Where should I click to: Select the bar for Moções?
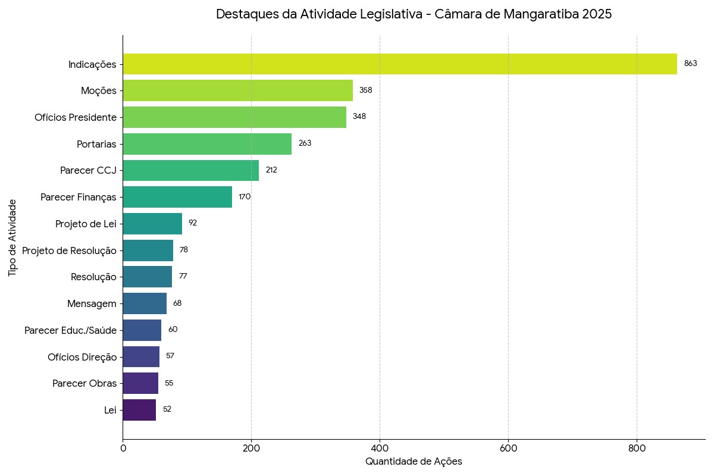pyautogui.click(x=238, y=90)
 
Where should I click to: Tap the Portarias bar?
pyautogui.click(x=207, y=143)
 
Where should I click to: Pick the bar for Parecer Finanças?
pyautogui.click(x=177, y=197)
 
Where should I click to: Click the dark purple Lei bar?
pyautogui.click(x=139, y=410)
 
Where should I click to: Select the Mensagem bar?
pyautogui.click(x=145, y=303)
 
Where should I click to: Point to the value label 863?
pyautogui.click(x=690, y=64)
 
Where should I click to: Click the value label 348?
pyautogui.click(x=359, y=117)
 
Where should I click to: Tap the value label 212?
pyautogui.click(x=271, y=170)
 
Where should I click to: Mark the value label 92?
pyautogui.click(x=193, y=223)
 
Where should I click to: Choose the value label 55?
pyautogui.click(x=169, y=383)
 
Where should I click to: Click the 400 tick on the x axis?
pyautogui.click(x=380, y=447)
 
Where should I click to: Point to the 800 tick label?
pyautogui.click(x=637, y=447)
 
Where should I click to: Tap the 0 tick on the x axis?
pyautogui.click(x=123, y=447)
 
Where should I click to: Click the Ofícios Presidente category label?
pyautogui.click(x=76, y=117)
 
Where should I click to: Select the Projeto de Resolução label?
pyautogui.click(x=69, y=250)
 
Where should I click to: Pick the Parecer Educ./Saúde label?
pyautogui.click(x=70, y=330)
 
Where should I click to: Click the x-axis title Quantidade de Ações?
pyautogui.click(x=414, y=462)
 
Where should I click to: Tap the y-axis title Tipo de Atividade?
pyautogui.click(x=13, y=237)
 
